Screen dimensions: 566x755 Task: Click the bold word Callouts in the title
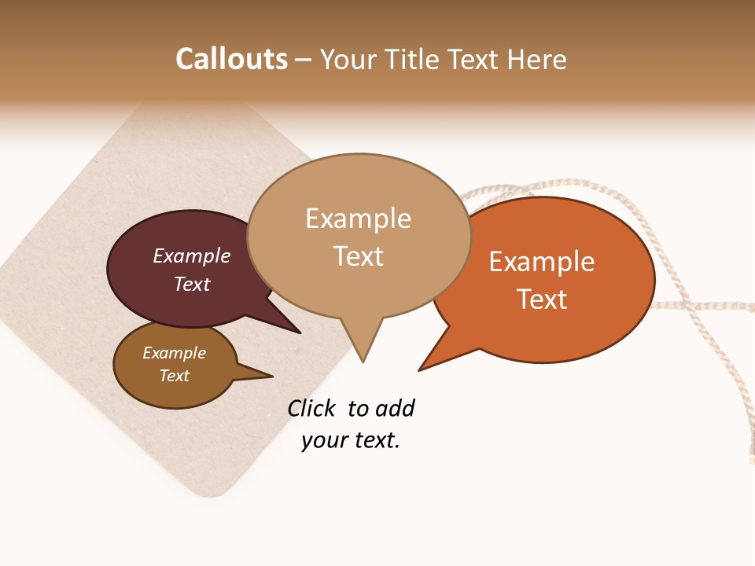pyautogui.click(x=231, y=59)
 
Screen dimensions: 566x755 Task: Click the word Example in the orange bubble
pyautogui.click(x=542, y=262)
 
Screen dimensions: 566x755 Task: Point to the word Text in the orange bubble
pyautogui.click(x=542, y=300)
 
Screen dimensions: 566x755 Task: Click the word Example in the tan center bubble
pyautogui.click(x=358, y=219)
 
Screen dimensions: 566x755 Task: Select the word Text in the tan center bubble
pyautogui.click(x=358, y=256)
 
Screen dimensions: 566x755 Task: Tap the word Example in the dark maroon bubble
pyautogui.click(x=192, y=255)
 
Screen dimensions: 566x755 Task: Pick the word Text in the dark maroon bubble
pyautogui.click(x=192, y=284)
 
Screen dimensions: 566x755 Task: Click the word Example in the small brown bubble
pyautogui.click(x=174, y=353)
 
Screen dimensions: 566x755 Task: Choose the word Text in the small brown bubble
pyautogui.click(x=174, y=376)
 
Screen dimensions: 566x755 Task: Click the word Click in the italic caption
pyautogui.click(x=311, y=408)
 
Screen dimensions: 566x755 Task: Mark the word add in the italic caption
pyautogui.click(x=395, y=408)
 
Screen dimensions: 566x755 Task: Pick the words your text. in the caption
pyautogui.click(x=351, y=440)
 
